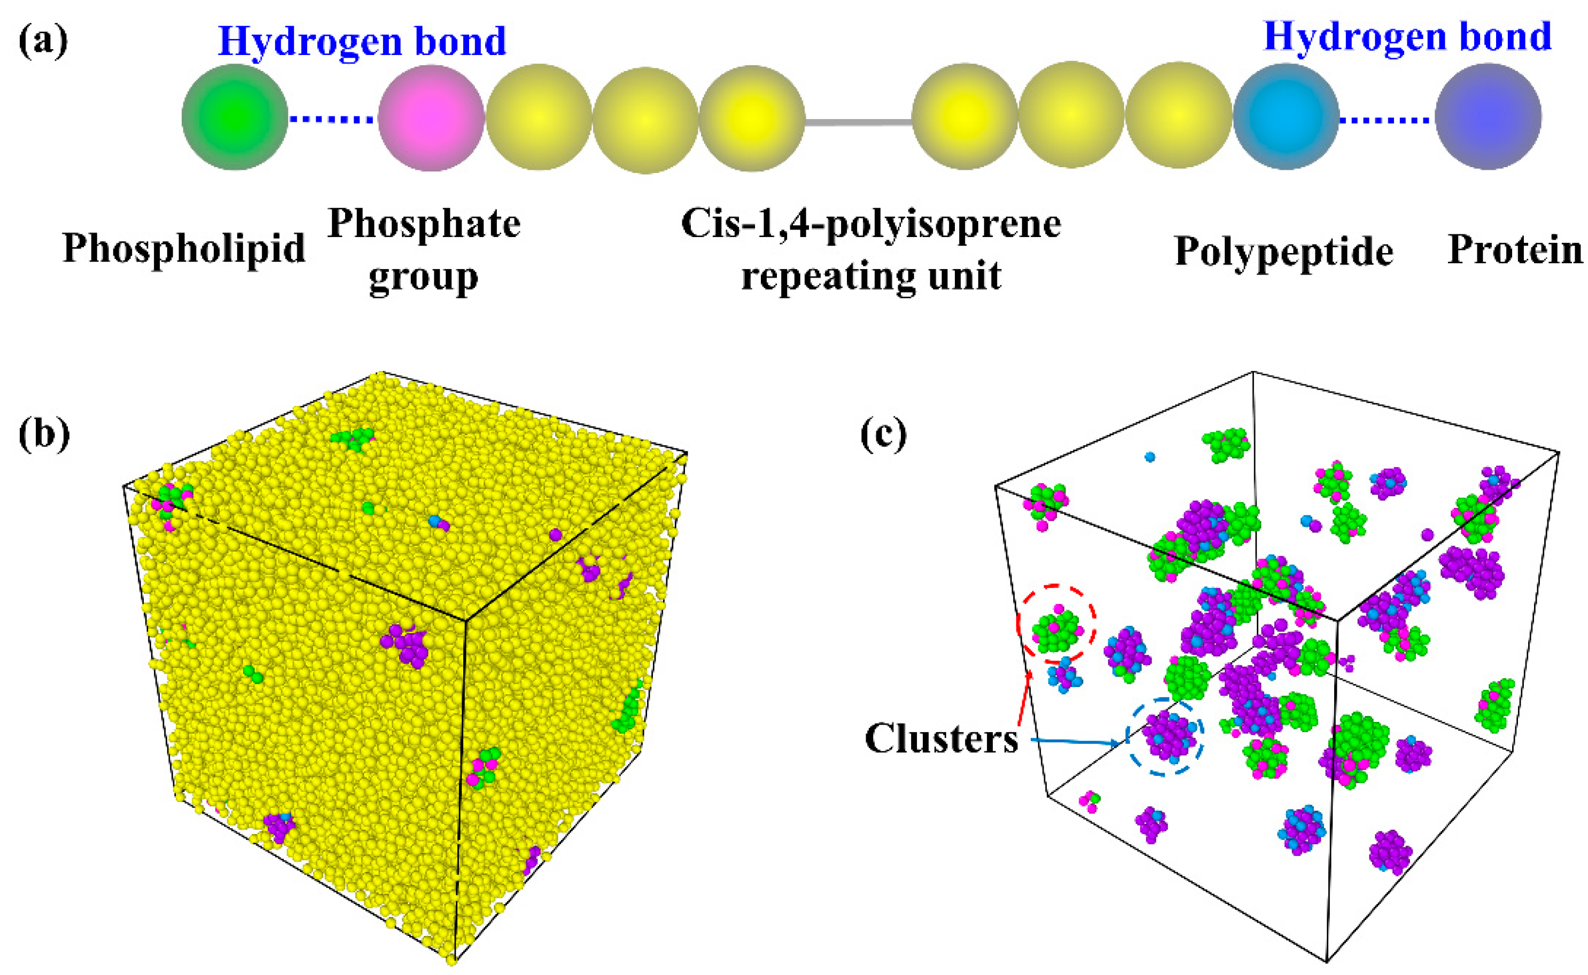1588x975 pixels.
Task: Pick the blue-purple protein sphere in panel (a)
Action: point(1488,117)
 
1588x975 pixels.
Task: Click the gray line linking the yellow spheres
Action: point(858,121)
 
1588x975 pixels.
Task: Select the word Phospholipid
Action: point(184,249)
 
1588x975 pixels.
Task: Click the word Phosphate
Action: point(424,224)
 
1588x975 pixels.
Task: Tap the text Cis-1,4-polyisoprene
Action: point(870,224)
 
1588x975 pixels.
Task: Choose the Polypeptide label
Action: point(1283,251)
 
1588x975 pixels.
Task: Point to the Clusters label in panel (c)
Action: point(941,739)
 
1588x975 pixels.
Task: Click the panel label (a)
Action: point(43,41)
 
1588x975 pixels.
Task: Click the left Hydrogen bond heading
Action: point(362,41)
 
